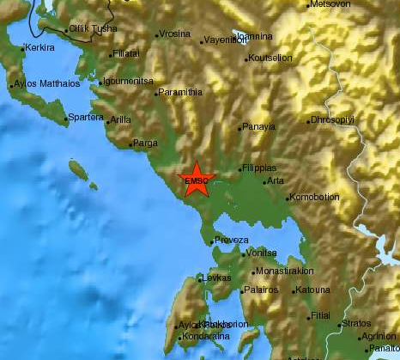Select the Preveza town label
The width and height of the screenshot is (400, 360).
231,241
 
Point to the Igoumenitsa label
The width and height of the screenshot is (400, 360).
129,82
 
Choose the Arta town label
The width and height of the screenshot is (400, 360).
276,181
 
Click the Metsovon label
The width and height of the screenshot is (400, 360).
331,4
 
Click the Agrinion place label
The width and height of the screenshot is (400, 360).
379,336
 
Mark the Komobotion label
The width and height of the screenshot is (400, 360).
316,198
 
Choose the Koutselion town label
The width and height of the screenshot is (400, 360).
270,58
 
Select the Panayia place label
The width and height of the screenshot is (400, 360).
258,126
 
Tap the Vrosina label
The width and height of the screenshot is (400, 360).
174,34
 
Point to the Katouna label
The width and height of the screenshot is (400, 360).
312,290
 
